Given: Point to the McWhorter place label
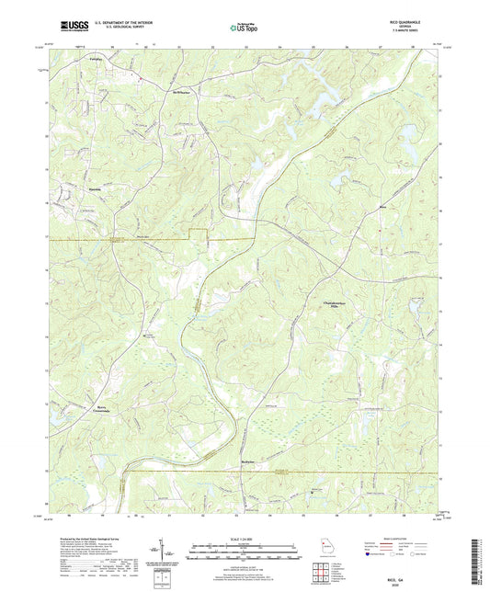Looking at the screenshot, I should click(x=164, y=93).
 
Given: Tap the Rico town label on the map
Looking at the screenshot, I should click(x=382, y=208).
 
